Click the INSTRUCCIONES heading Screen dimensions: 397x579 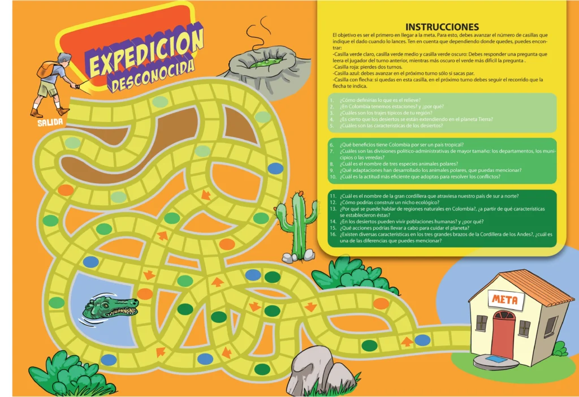(x=442, y=27)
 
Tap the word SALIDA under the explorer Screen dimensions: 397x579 (x=50, y=122)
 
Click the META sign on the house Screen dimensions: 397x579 (x=504, y=299)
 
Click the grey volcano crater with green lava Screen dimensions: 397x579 (x=263, y=63)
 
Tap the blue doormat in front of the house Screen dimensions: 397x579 (x=496, y=359)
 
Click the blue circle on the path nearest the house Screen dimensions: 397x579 (x=422, y=340)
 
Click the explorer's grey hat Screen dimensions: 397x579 (x=64, y=56)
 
